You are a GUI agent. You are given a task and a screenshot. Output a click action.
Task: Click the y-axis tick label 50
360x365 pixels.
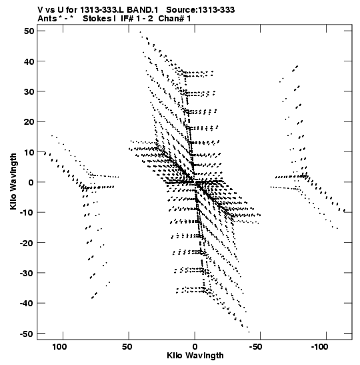[29, 31]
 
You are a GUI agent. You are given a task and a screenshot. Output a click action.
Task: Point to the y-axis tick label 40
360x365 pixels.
[29, 61]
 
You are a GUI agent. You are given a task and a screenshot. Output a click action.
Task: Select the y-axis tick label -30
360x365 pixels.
[27, 273]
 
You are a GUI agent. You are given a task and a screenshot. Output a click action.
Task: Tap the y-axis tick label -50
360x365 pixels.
[27, 334]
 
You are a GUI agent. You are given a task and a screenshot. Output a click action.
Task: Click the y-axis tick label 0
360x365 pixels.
[31, 182]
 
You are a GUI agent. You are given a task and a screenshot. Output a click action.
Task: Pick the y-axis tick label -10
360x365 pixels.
[27, 212]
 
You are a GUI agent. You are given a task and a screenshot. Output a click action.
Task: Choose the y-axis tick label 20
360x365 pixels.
[29, 121]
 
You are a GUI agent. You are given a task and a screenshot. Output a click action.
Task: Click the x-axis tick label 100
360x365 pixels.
[59, 347]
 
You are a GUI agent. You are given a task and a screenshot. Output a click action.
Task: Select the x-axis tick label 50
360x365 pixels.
[127, 347]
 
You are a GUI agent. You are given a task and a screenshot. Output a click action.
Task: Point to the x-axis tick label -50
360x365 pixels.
[255, 347]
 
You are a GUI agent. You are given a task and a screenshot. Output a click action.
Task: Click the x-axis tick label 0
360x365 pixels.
[195, 347]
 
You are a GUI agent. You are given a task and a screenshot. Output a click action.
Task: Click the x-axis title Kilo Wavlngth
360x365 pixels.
[195, 356]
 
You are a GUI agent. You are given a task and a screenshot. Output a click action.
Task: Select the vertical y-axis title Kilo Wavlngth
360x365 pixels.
[13, 181]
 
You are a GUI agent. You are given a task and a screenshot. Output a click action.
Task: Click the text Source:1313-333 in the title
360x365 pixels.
[201, 10]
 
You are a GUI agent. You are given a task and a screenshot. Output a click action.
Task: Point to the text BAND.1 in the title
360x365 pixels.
[143, 10]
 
